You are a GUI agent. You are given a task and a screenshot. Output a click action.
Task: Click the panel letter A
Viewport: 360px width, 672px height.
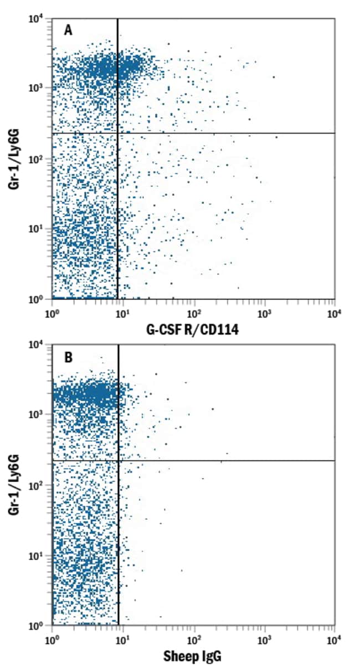(x=69, y=31)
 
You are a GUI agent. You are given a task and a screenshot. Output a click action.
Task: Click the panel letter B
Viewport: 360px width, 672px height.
(x=69, y=357)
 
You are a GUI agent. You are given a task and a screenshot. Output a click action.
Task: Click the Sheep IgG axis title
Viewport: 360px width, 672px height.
(x=193, y=657)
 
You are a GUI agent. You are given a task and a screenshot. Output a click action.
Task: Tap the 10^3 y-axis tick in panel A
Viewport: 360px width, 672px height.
(x=37, y=88)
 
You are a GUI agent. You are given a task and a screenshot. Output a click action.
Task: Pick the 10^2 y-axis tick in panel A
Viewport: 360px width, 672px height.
(x=37, y=159)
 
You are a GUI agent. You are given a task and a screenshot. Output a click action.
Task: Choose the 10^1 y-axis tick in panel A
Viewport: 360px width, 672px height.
(x=37, y=229)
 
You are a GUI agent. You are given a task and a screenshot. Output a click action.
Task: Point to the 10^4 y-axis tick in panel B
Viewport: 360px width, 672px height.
(x=37, y=344)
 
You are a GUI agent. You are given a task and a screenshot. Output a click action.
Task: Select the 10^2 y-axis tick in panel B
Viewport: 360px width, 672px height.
(x=37, y=485)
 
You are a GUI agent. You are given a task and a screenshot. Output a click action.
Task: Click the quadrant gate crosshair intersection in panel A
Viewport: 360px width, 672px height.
(x=117, y=133)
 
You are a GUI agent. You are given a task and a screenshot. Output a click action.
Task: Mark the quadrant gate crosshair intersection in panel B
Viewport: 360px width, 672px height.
(x=119, y=461)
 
